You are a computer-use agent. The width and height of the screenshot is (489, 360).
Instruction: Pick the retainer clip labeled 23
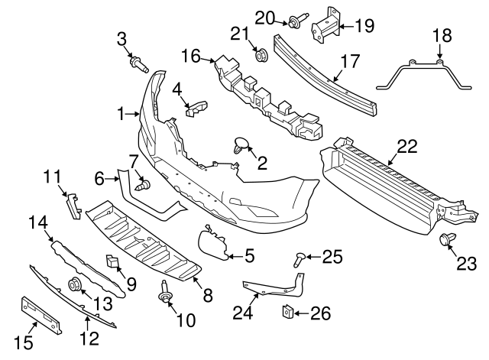coord(445,242)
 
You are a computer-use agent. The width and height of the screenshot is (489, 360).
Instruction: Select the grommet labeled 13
coord(76,285)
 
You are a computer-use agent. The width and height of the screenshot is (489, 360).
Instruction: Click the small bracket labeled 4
coord(194,106)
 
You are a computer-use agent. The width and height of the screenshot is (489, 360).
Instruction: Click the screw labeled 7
coord(141,184)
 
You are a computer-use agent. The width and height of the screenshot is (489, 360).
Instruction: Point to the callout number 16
coord(190,55)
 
